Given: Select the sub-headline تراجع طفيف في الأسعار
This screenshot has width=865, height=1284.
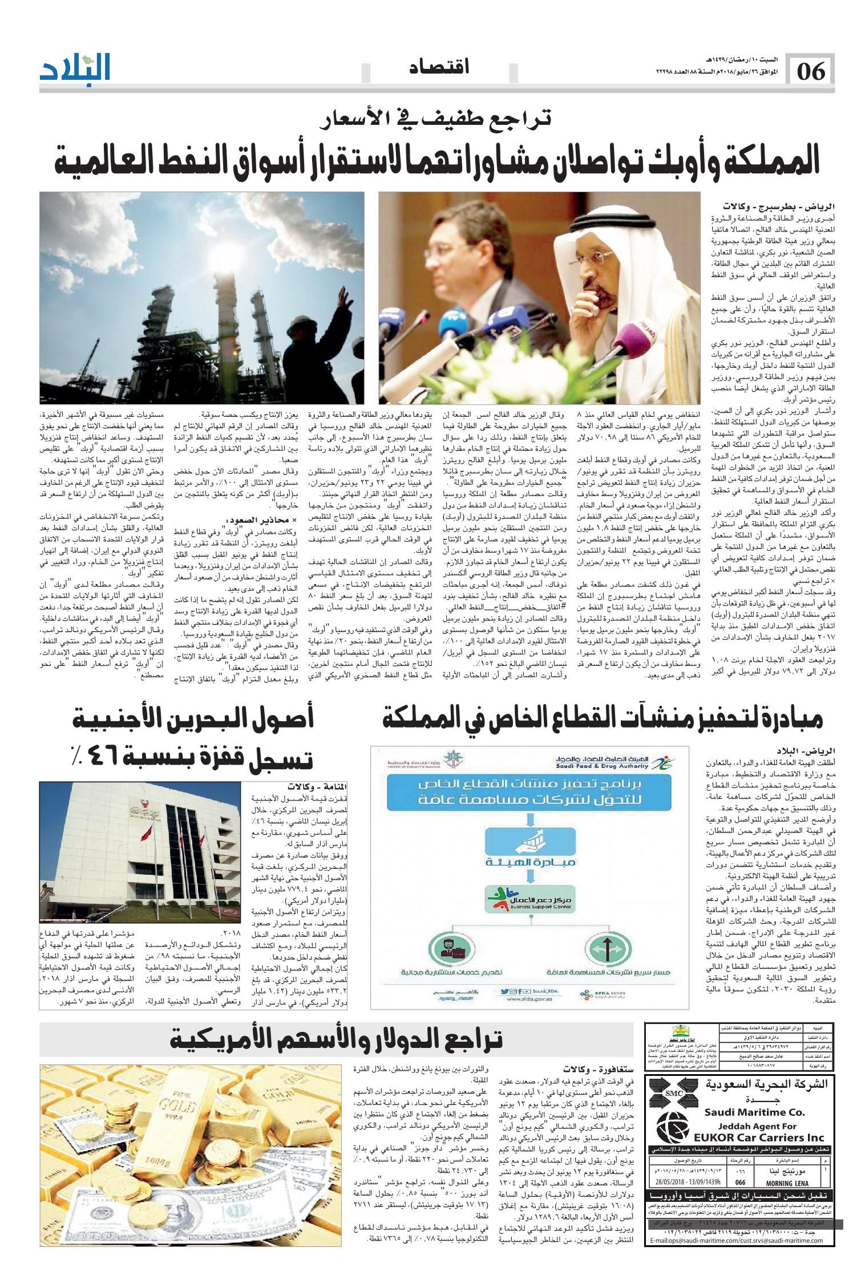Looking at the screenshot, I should click(434, 120).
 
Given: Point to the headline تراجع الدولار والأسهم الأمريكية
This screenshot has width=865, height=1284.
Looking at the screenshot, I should click(337, 1039).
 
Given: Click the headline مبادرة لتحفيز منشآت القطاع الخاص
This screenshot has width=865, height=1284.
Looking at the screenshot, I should click(603, 722).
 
